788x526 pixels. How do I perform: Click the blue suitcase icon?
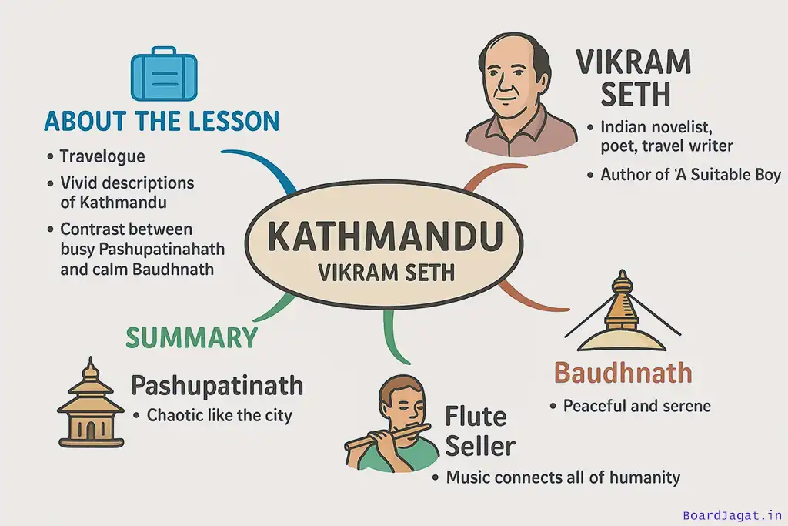164,74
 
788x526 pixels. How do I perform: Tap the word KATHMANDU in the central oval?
386,236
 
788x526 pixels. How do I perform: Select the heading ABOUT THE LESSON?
162,121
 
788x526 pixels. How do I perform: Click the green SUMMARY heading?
192,337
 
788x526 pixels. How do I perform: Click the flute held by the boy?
388,437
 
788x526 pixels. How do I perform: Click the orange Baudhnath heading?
623,373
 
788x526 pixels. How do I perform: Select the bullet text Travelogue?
102,156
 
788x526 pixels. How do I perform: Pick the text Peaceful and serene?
636,406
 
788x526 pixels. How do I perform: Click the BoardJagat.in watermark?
733,515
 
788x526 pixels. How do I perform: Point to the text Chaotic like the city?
219,415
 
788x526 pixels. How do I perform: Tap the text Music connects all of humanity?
563,477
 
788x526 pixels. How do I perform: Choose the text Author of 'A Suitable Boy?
690,175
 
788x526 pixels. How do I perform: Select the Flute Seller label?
480,431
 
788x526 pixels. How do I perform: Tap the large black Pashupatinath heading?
217,386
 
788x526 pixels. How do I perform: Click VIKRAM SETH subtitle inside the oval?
386,273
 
